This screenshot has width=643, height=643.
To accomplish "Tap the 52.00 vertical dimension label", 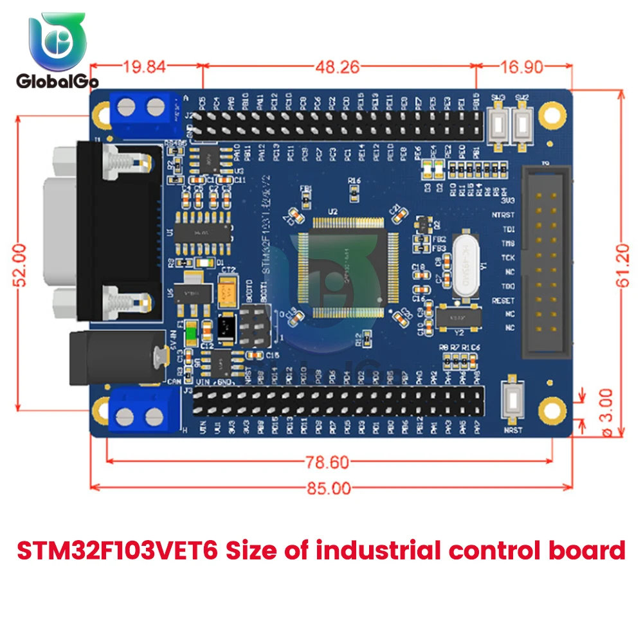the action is [x=22, y=264].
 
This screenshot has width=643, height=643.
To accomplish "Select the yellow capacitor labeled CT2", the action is [x=228, y=293].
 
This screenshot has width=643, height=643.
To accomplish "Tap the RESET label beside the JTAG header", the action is [x=503, y=300].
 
